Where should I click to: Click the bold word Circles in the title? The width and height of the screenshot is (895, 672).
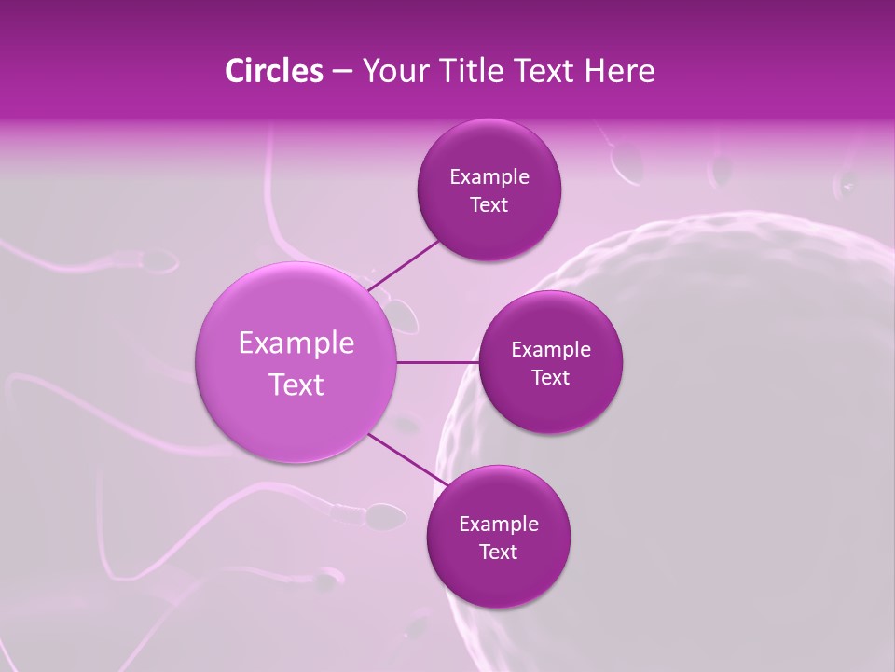point(273,71)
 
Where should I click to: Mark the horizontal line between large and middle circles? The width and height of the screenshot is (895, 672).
point(437,361)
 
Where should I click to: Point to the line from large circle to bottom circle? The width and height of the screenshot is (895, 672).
point(403,457)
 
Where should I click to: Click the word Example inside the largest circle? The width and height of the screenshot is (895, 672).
point(296,343)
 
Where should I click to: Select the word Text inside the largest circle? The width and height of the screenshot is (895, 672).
point(296,385)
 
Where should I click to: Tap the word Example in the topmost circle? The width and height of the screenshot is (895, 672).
point(489,176)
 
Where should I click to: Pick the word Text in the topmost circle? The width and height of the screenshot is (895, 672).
point(489,204)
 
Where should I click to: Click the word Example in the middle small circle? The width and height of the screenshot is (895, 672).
point(550,349)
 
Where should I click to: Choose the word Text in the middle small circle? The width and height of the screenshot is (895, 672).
point(550,377)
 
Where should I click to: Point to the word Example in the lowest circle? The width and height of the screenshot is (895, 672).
point(498,524)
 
